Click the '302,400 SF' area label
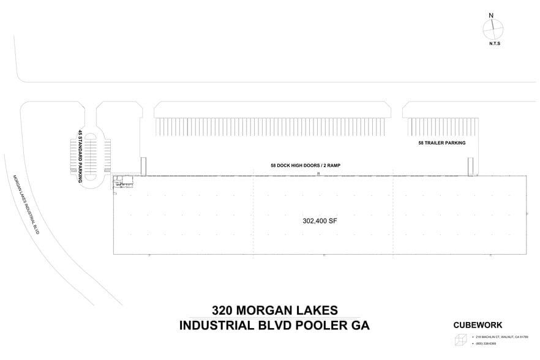[x=320, y=220]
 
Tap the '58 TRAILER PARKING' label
[x=441, y=143]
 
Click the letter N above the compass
[x=491, y=15]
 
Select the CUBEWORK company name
[x=478, y=325]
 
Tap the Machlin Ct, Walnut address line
[x=501, y=337]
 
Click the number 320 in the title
[x=224, y=310]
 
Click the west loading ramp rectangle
[x=144, y=167]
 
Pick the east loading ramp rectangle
[x=471, y=167]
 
